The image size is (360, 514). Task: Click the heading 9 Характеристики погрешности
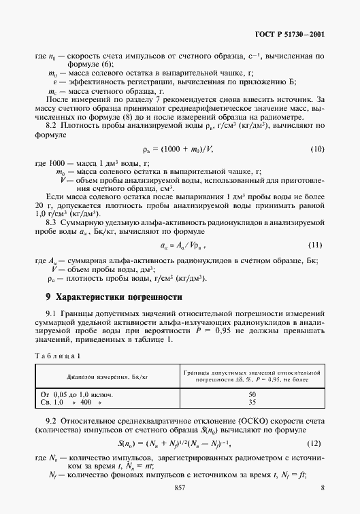coord(114,297)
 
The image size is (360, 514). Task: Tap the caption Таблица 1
coord(59,355)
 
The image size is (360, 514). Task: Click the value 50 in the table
coord(252,394)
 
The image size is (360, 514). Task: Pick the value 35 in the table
coord(252,402)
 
